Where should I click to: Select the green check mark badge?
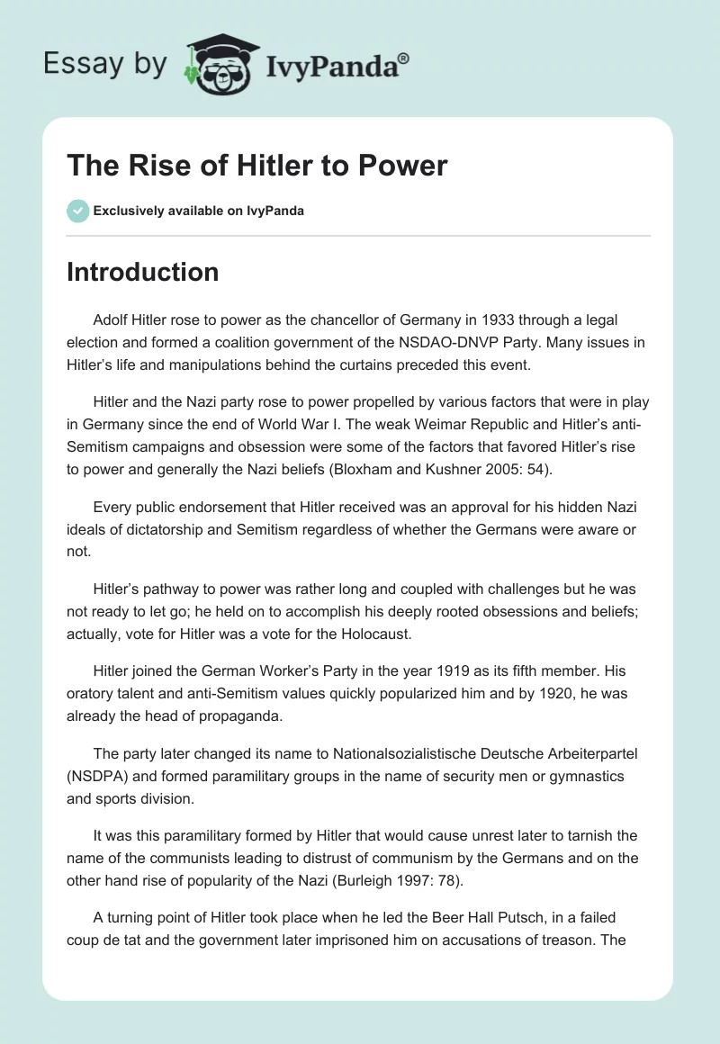(x=77, y=211)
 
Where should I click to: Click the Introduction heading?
(x=142, y=272)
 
